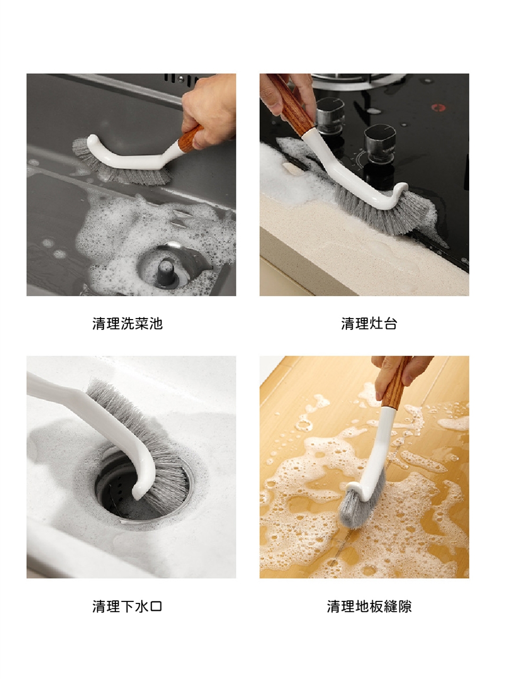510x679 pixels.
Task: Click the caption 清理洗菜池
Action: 127,324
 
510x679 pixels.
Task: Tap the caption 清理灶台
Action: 369,324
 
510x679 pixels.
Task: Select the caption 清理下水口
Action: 127,606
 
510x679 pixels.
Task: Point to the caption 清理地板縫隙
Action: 369,606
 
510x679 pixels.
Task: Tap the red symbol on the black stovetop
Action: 438,107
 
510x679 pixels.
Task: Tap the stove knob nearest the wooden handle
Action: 330,116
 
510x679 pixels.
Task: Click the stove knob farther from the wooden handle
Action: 380,144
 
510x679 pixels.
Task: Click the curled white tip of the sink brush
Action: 93,143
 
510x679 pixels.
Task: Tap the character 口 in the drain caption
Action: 156,607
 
